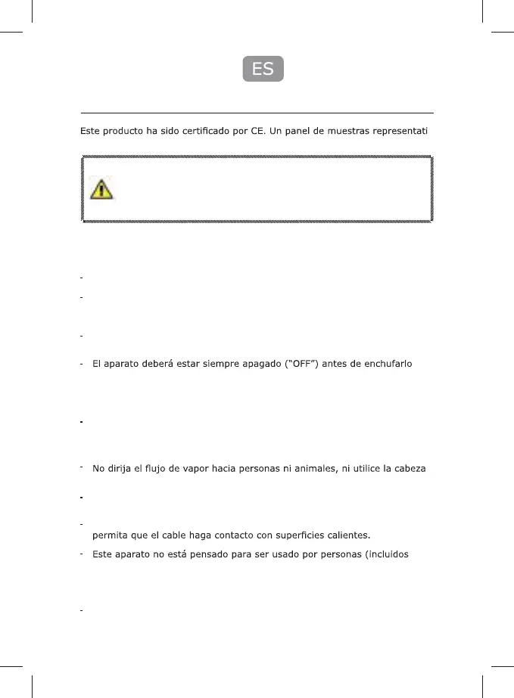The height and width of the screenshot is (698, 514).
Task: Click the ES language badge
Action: click(x=263, y=69)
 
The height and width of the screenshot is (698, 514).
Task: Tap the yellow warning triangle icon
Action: click(x=101, y=188)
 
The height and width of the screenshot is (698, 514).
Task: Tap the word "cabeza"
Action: click(x=416, y=470)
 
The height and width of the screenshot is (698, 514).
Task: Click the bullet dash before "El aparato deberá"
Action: click(x=81, y=365)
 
